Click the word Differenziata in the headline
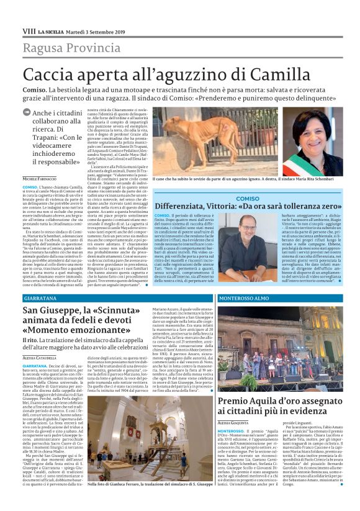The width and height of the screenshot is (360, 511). [x=190, y=206]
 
